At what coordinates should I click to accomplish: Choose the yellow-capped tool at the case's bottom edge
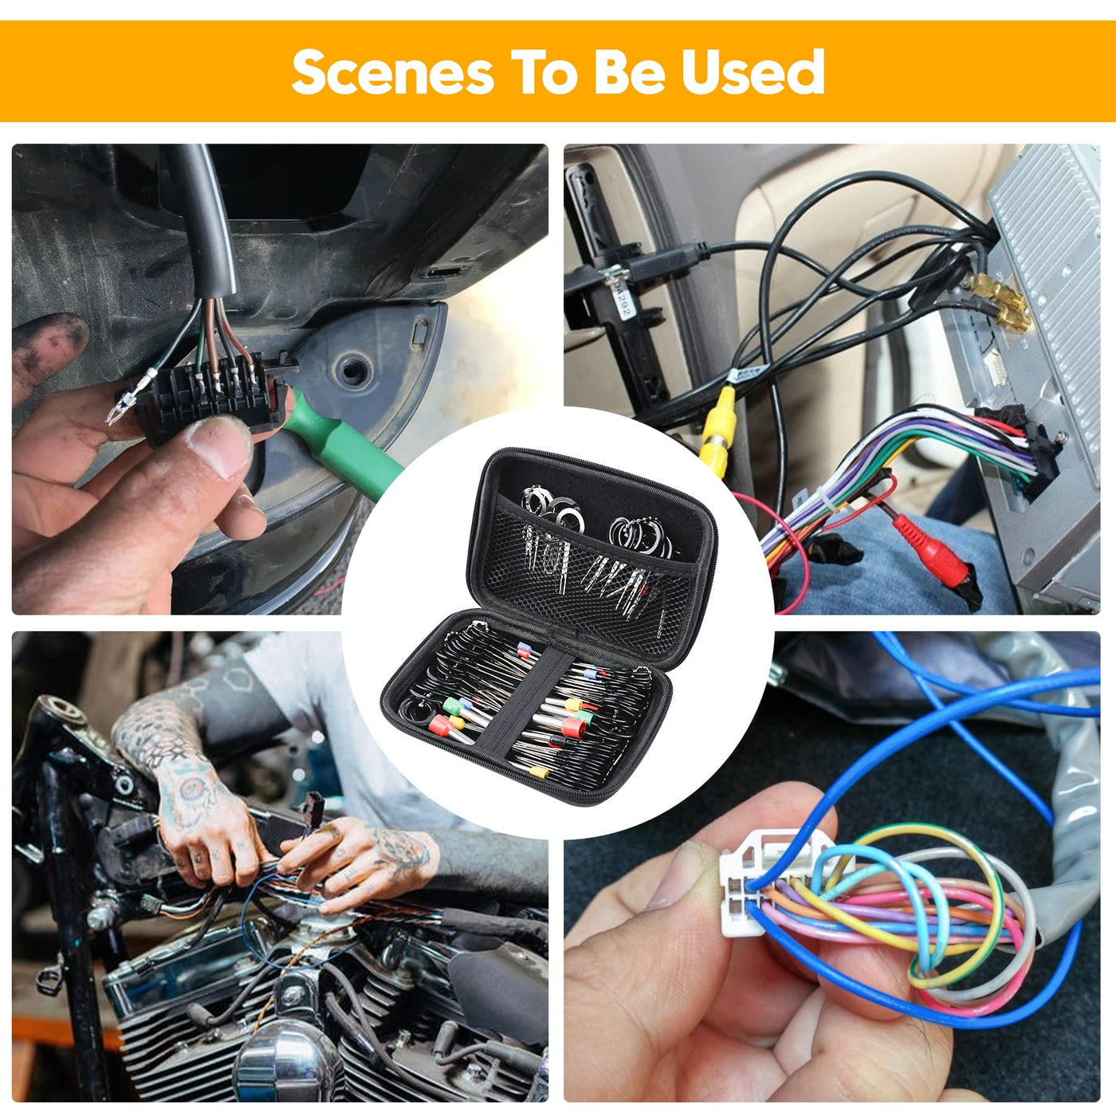pos(539,772)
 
